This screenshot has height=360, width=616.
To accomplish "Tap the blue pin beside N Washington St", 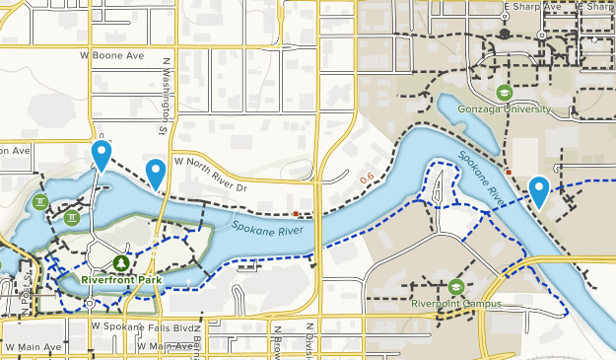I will click(156, 173).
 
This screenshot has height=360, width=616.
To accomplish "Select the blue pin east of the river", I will click(539, 190).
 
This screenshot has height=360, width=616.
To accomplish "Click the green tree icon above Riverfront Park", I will click(120, 262).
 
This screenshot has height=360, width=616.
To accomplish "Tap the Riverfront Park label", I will click(121, 279).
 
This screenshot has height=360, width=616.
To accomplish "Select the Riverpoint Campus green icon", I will click(456, 287).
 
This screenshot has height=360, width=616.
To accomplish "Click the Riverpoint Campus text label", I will click(456, 304).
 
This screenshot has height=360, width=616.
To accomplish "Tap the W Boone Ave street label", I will click(112, 56).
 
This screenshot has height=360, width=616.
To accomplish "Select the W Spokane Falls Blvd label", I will click(136, 324).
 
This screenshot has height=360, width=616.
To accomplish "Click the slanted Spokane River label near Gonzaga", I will click(480, 179).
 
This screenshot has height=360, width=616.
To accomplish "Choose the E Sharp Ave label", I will click(532, 7).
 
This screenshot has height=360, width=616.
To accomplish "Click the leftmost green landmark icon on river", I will click(39, 202).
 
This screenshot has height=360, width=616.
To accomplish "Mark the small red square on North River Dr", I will click(296, 211).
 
